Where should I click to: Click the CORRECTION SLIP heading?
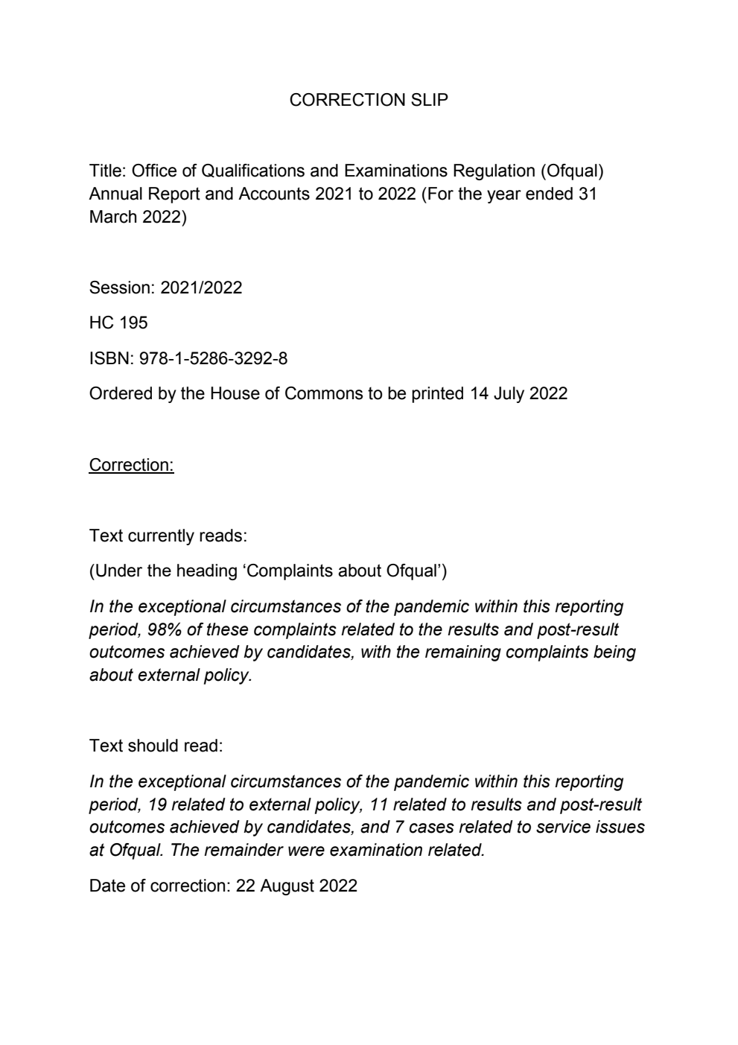click(x=369, y=100)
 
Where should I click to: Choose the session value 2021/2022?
click(x=201, y=288)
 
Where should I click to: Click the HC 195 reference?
click(x=118, y=323)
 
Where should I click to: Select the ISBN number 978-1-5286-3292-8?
click(x=213, y=358)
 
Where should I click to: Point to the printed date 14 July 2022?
click(x=518, y=393)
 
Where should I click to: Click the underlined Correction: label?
click(x=131, y=465)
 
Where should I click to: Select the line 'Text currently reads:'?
click(x=168, y=536)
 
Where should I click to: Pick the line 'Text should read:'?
click(x=156, y=746)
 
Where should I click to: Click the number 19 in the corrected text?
click(x=158, y=804)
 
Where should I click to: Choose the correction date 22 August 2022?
click(x=296, y=886)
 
